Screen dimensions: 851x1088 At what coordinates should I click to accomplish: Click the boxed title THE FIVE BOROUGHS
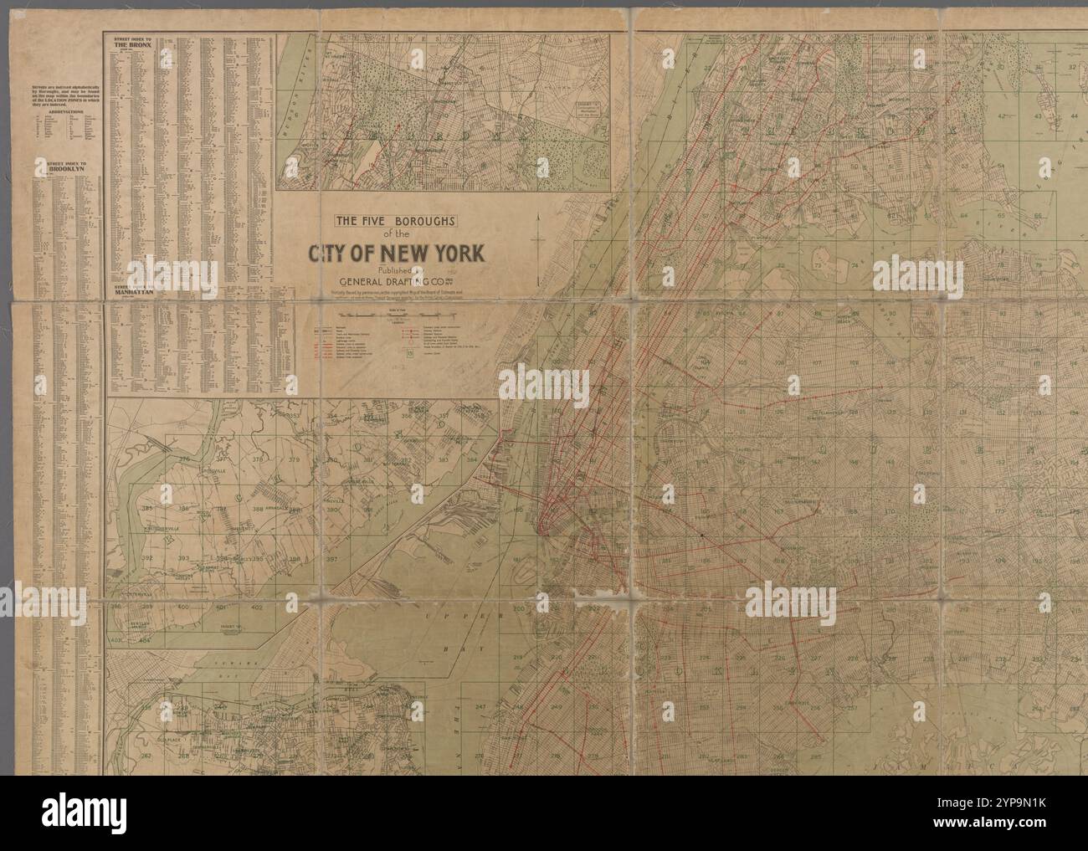(x=394, y=222)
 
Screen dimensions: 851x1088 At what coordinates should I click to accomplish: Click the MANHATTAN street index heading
(x=134, y=294)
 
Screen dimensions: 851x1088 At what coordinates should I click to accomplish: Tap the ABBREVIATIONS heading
(x=60, y=109)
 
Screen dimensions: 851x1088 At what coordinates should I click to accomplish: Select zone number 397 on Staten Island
(x=332, y=560)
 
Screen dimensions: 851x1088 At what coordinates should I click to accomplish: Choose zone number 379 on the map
(x=294, y=460)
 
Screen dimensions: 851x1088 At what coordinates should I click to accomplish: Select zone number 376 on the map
(x=185, y=459)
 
